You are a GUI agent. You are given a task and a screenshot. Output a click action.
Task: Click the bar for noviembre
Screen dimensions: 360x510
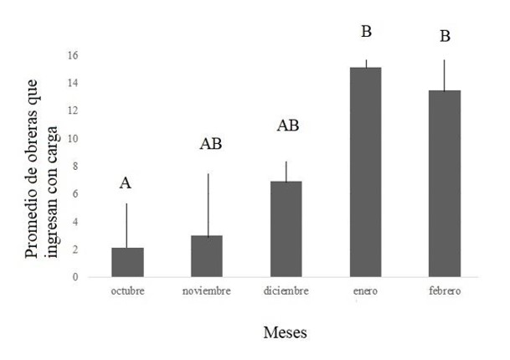click(207, 256)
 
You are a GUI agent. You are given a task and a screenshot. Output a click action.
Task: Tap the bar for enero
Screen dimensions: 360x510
click(366, 172)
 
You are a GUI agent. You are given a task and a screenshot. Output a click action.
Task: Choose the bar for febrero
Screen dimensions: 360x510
click(445, 183)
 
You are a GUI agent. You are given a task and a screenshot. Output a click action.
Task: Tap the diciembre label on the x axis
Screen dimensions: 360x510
click(286, 291)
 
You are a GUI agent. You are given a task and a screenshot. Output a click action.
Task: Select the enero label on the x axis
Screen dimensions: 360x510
click(366, 291)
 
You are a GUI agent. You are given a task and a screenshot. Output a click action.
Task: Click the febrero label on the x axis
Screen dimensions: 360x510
click(445, 291)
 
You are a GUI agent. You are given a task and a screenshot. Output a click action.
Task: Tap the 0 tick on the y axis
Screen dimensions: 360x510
click(75, 276)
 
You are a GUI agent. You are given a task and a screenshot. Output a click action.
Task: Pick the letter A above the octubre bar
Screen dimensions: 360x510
click(126, 183)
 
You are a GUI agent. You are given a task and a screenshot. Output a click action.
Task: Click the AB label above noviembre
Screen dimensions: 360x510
click(210, 144)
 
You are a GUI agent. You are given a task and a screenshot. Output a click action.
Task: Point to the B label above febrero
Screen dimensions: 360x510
click(446, 37)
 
